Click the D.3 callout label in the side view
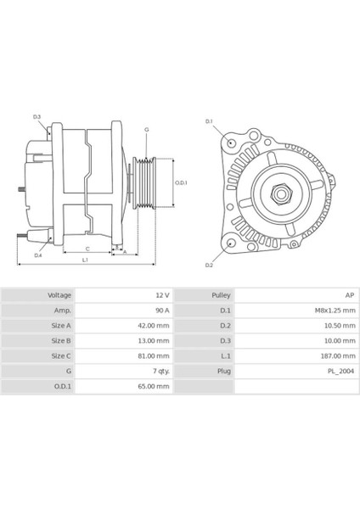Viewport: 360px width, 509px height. (x=37, y=116)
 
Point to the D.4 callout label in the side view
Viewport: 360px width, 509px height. (x=38, y=255)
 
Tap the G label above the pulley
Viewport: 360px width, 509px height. (x=146, y=129)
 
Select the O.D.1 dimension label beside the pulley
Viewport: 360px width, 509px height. (x=181, y=182)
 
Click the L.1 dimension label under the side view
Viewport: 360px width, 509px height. (x=85, y=260)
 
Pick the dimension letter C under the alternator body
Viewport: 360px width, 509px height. (x=87, y=248)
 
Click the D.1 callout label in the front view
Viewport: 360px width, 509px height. (x=209, y=121)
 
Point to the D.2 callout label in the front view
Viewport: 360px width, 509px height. (x=209, y=266)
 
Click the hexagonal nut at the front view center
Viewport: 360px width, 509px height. (x=279, y=194)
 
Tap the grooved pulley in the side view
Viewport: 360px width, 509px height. (x=147, y=182)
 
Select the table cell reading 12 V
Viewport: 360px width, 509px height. (x=161, y=294)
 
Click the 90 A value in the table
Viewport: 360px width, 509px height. (x=161, y=310)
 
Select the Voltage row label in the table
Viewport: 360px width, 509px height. (x=59, y=294)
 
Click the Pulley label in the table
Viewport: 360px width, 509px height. (x=221, y=294)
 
